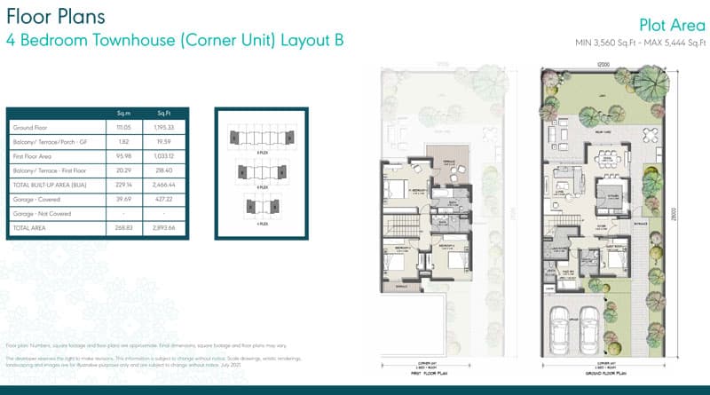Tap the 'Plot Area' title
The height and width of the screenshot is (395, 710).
[672, 25]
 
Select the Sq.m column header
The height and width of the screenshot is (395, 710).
[124, 113]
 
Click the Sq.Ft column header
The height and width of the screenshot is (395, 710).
[164, 113]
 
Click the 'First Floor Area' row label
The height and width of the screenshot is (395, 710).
[34, 155]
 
